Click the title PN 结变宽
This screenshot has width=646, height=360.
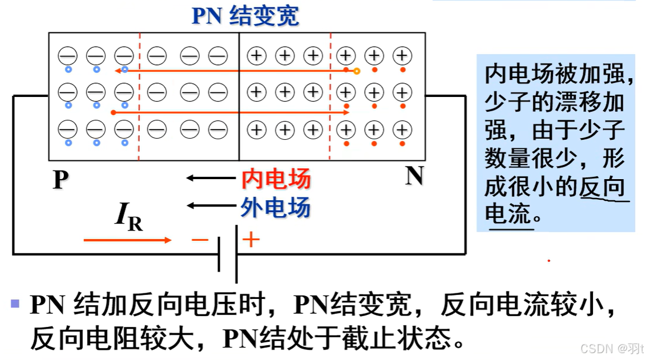[245, 16]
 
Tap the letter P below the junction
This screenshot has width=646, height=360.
[60, 180]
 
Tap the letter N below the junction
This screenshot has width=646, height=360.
[414, 177]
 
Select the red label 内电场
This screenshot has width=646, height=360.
[276, 179]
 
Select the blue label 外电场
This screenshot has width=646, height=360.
[276, 207]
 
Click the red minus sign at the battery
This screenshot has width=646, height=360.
[200, 240]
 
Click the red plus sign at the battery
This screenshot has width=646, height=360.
[251, 239]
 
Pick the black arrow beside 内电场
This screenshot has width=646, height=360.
[209, 179]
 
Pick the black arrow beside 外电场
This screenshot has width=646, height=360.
[209, 205]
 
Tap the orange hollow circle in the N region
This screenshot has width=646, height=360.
[357, 71]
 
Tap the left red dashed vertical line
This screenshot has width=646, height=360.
[139, 97]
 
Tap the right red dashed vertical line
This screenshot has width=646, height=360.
[330, 97]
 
